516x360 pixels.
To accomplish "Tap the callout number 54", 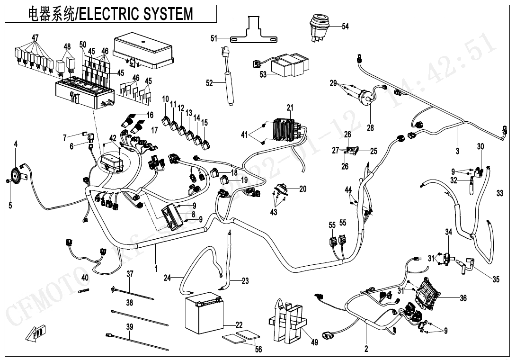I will [345, 27].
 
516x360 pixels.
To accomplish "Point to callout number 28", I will [370, 127].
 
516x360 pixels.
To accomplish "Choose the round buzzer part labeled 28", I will [367, 99].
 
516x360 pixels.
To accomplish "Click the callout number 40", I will [85, 278].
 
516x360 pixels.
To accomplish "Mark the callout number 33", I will [500, 193].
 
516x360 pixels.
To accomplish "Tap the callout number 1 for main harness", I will [156, 269].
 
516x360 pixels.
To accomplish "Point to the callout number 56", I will [258, 350].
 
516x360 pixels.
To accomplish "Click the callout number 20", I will [303, 189].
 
